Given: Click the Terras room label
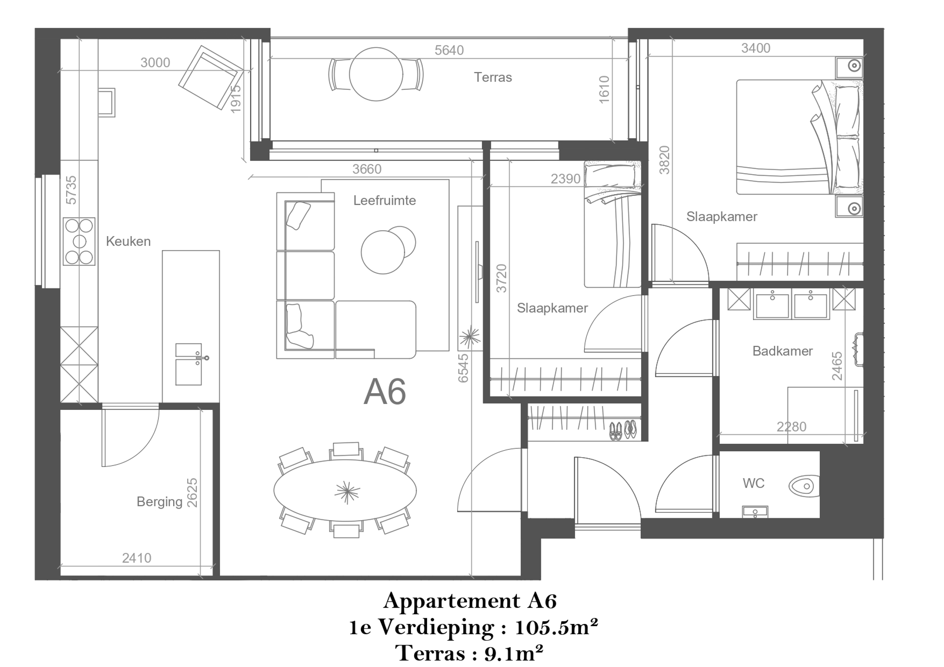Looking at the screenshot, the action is tap(492, 77).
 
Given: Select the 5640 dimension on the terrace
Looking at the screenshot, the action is tap(449, 50).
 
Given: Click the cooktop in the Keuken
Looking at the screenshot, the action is tap(79, 241).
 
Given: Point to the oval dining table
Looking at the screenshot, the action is tap(345, 491).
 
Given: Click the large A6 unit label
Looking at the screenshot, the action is tap(384, 392).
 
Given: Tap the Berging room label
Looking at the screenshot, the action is tap(159, 502).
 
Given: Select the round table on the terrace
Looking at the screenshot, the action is tap(376, 74).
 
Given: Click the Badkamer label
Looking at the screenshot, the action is tap(782, 351).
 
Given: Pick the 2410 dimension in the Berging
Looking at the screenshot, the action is tap(137, 558).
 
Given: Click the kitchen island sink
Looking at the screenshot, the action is tap(189, 365).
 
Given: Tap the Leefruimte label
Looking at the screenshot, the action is tap(384, 201).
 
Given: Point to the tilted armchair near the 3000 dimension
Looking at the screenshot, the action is tap(211, 77).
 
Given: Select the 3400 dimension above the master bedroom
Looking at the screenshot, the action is tap(755, 48).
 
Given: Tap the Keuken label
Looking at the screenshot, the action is tap(128, 241).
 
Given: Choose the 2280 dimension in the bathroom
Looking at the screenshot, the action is tap(791, 427).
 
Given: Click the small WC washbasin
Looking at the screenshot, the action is tap(755, 512).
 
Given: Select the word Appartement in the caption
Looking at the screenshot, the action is tap(451, 601).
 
